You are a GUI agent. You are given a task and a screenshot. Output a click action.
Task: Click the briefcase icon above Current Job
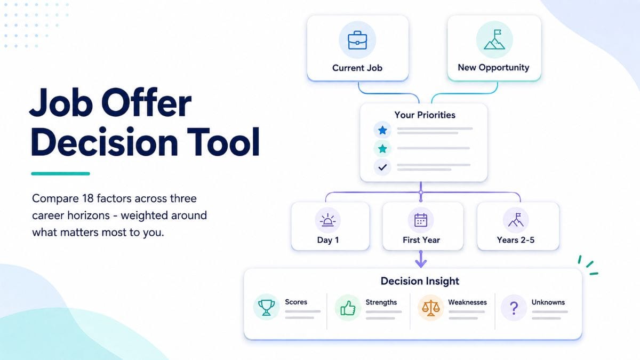pyautogui.click(x=357, y=41)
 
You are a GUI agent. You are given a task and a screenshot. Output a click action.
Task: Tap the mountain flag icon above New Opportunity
pyautogui.click(x=494, y=39)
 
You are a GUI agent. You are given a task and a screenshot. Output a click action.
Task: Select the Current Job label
pyautogui.click(x=357, y=68)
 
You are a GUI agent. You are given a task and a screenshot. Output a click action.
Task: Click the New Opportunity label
pyautogui.click(x=493, y=68)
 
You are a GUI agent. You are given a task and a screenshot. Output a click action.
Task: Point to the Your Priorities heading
pyautogui.click(x=425, y=115)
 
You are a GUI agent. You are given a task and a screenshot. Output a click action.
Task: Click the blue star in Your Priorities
pyautogui.click(x=382, y=130)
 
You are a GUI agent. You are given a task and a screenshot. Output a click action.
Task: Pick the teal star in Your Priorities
pyautogui.click(x=382, y=149)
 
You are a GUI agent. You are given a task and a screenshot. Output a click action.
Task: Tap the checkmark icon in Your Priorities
pyautogui.click(x=382, y=167)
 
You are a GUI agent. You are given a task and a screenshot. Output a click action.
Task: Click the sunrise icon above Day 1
pyautogui.click(x=327, y=220)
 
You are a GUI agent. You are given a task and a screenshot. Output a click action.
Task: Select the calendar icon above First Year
pyautogui.click(x=421, y=220)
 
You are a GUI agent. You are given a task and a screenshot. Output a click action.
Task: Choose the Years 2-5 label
pyautogui.click(x=515, y=240)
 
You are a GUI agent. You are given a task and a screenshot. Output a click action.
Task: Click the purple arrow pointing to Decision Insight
pyautogui.click(x=421, y=259)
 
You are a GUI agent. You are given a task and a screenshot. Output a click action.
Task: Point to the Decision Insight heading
pyautogui.click(x=420, y=281)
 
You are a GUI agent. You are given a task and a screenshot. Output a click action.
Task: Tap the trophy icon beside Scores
pyautogui.click(x=266, y=307)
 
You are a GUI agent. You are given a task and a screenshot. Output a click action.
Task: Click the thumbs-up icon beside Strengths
pyautogui.click(x=348, y=308)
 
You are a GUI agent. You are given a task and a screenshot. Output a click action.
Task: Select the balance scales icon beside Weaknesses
pyautogui.click(x=430, y=308)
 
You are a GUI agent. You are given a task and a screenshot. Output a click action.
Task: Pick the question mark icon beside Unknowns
pyautogui.click(x=514, y=308)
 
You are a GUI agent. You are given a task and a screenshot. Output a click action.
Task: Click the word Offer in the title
pyautogui.click(x=146, y=102)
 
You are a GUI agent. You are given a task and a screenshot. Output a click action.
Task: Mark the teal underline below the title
pyautogui.click(x=61, y=174)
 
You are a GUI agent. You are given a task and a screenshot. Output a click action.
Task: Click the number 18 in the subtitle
pyautogui.click(x=87, y=198)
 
